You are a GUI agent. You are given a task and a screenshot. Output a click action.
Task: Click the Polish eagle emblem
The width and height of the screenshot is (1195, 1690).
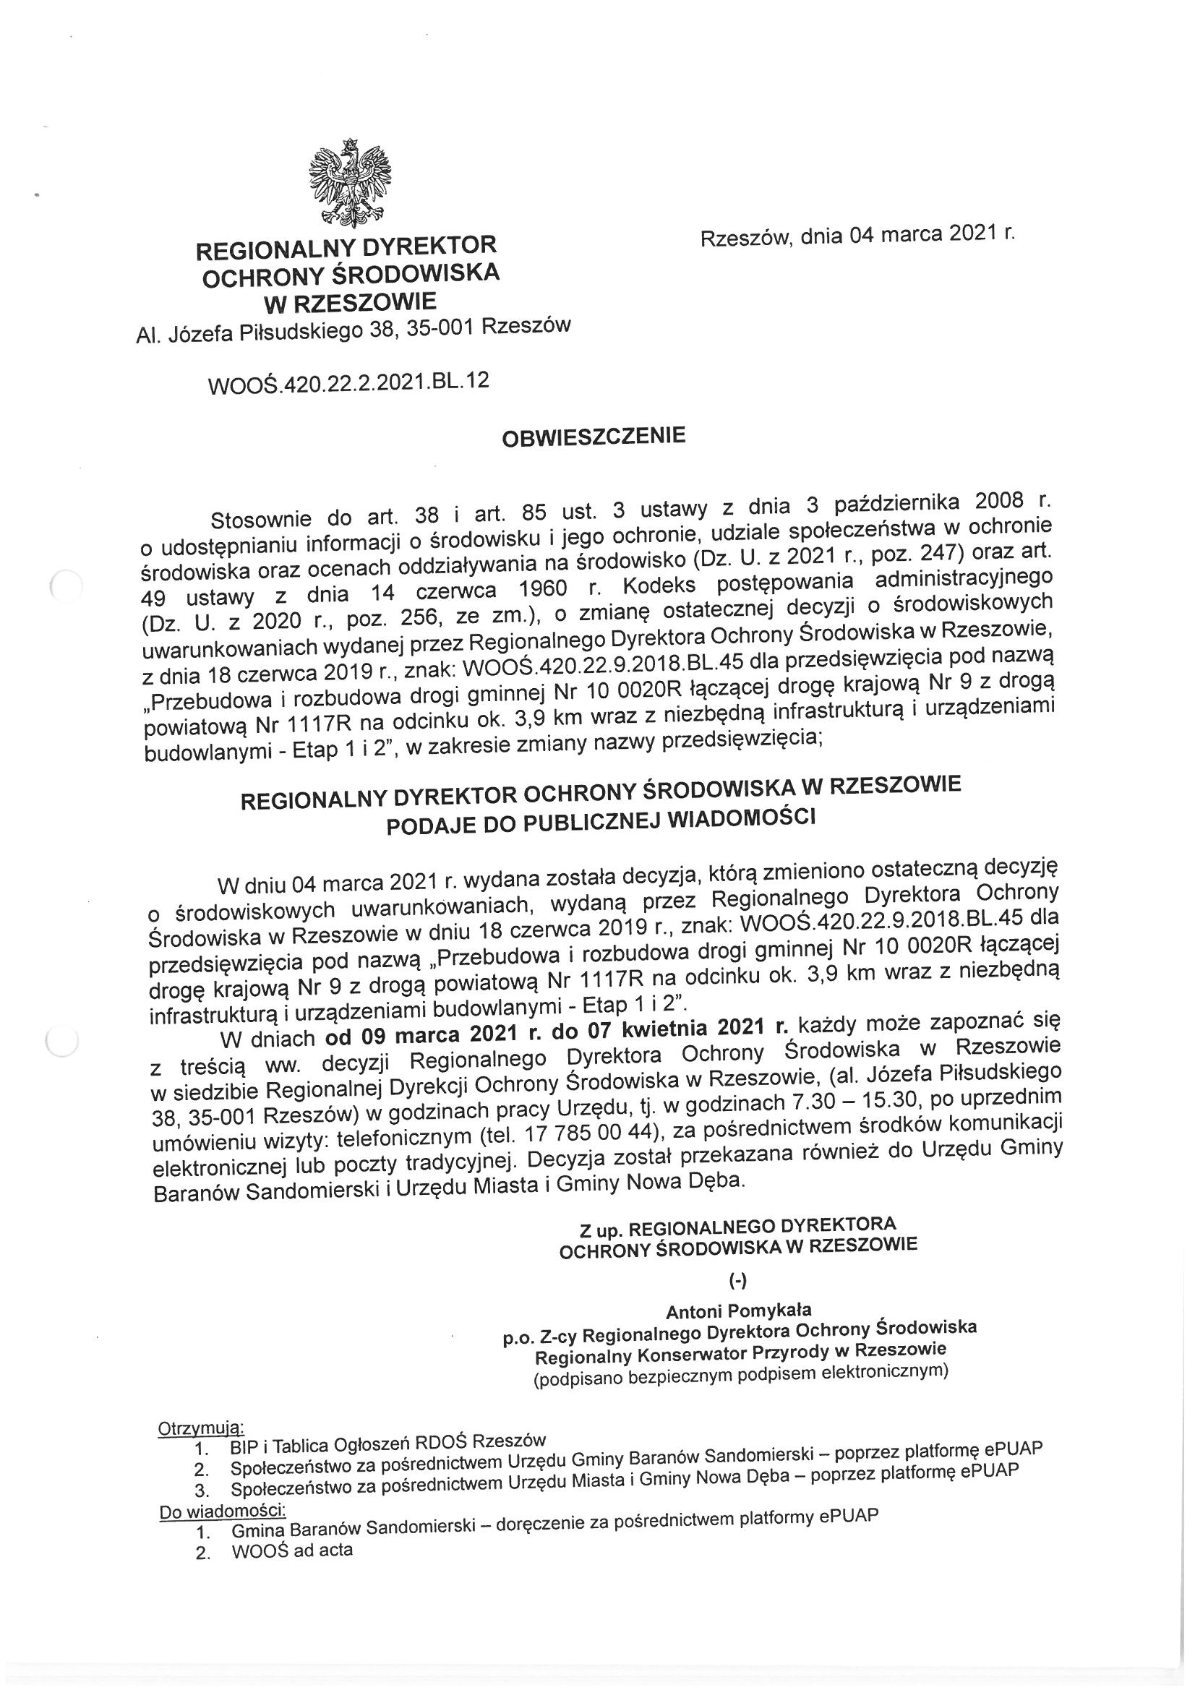pyautogui.click(x=349, y=182)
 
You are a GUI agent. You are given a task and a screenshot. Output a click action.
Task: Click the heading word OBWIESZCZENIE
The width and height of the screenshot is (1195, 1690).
pyautogui.click(x=594, y=437)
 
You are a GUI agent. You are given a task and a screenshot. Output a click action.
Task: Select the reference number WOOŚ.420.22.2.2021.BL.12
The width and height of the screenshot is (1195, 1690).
pyautogui.click(x=349, y=384)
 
